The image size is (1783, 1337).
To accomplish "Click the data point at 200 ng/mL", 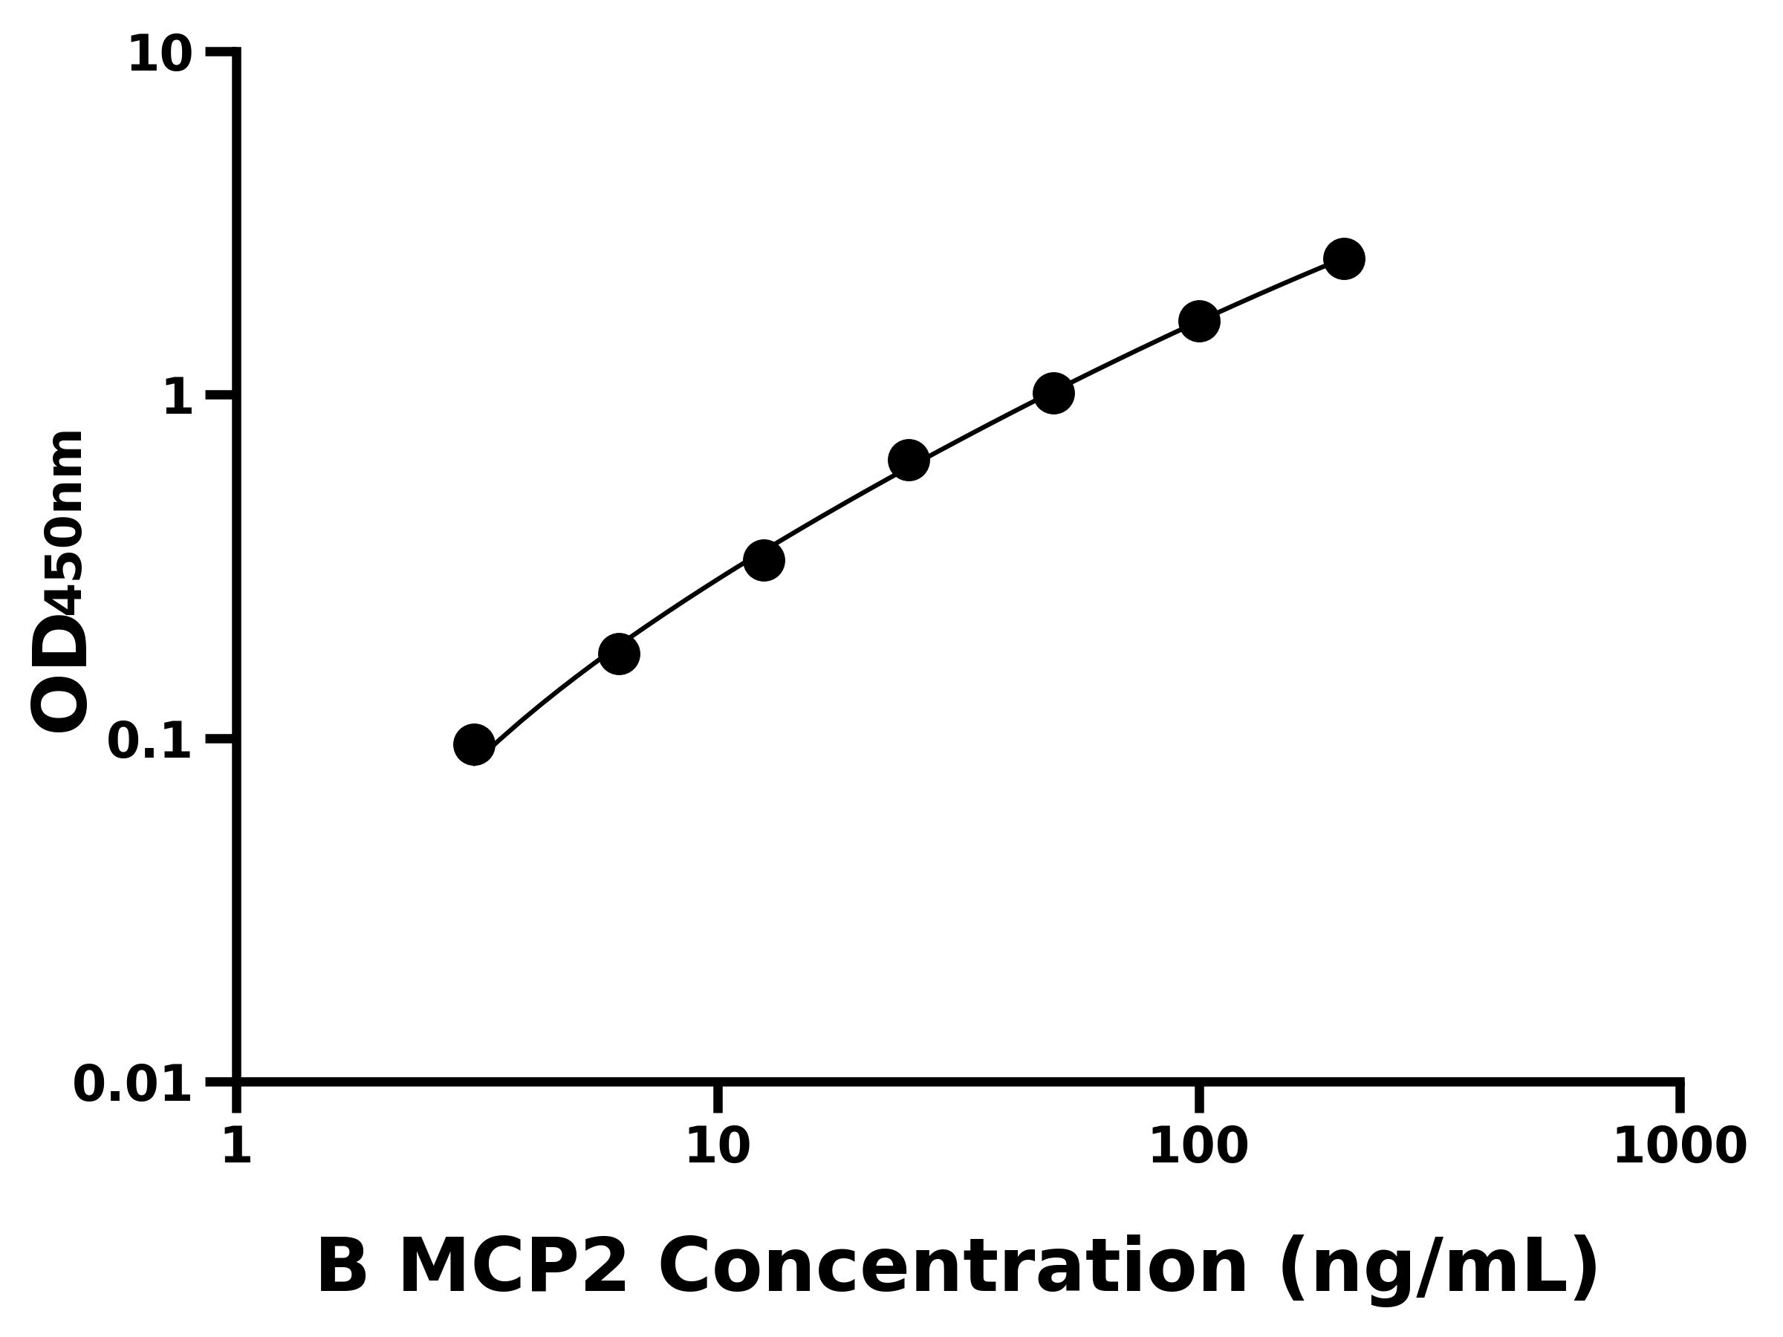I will tap(1344, 258).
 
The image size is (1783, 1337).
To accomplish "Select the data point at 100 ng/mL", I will tap(1198, 322).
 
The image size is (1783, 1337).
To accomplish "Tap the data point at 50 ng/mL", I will tap(1053, 393).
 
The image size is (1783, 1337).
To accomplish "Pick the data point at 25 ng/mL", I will tap(909, 461).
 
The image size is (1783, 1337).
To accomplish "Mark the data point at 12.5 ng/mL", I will tap(763, 560).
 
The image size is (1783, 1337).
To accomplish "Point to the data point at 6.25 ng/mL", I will tap(619, 654).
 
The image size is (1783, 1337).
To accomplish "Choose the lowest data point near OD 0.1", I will tap(474, 745).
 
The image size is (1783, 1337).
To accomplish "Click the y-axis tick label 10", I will tap(160, 56).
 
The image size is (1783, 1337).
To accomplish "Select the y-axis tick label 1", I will tap(178, 398).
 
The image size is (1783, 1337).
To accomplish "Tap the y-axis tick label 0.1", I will tap(150, 741).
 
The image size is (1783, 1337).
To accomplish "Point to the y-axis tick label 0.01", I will tap(133, 1084).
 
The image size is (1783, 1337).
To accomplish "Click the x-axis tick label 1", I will tap(237, 1146).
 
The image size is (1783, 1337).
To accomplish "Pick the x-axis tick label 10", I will tap(718, 1146).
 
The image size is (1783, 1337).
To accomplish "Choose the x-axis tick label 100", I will tap(1198, 1146).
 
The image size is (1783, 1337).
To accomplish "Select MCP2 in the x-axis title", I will tap(513, 1268).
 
